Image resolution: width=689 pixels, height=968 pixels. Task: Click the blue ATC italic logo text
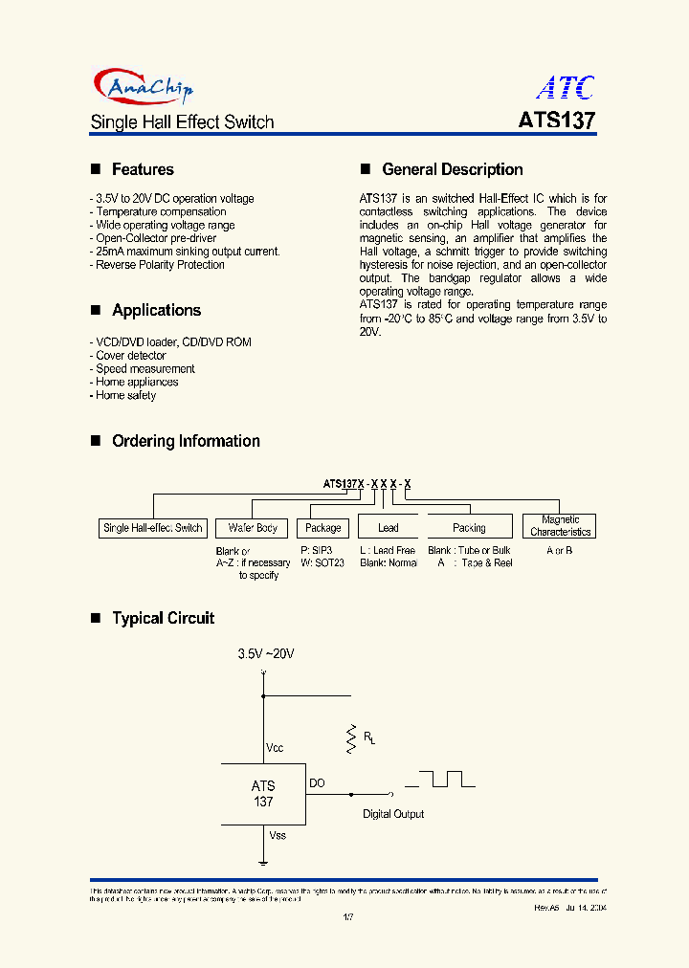coord(565,88)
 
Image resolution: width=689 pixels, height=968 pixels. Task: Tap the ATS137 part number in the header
coord(557,122)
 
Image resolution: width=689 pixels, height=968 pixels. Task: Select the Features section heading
coord(143,169)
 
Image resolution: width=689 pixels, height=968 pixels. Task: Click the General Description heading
coord(452,169)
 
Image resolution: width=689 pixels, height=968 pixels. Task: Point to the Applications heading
coord(156,310)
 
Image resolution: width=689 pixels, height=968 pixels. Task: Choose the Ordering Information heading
coord(186,441)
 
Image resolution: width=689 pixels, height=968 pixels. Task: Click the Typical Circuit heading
coord(163,618)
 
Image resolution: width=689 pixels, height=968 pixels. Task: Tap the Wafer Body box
coord(253,528)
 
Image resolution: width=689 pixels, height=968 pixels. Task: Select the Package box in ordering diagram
coord(322,528)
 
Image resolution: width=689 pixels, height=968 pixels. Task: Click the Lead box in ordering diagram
coord(389,528)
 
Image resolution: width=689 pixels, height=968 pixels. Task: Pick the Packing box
coord(469,528)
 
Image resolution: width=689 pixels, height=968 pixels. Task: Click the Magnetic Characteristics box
coord(560,526)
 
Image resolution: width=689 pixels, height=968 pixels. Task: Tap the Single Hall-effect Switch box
coord(153,528)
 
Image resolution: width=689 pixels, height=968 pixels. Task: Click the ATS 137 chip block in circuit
coord(263,794)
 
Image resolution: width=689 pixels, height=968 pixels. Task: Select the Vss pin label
coord(277,835)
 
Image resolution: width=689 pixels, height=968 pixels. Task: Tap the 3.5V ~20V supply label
coord(266,654)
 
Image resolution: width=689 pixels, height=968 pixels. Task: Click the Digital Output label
coord(392,814)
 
